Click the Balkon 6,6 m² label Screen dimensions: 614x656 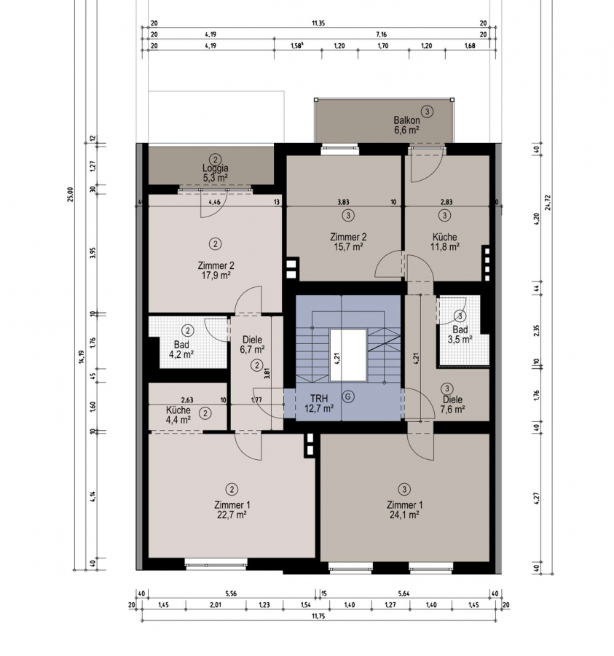pyautogui.click(x=406, y=125)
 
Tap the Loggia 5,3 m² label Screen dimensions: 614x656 pyautogui.click(x=216, y=173)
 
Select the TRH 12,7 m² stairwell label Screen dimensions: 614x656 pyautogui.click(x=319, y=403)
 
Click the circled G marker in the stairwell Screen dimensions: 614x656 pyautogui.click(x=347, y=397)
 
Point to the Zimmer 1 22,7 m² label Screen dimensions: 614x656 pyautogui.click(x=232, y=509)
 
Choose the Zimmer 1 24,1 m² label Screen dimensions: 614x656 pyautogui.click(x=404, y=509)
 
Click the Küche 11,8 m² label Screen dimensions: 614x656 pyautogui.click(x=445, y=242)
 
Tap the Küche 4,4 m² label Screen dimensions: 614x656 pyautogui.click(x=178, y=415)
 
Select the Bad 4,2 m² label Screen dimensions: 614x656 pyautogui.click(x=181, y=349)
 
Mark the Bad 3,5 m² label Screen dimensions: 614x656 pyautogui.click(x=460, y=335)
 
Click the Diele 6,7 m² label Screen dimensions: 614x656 pyautogui.click(x=252, y=344)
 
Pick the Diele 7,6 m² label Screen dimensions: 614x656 pyautogui.click(x=452, y=404)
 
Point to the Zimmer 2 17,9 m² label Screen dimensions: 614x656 pyautogui.click(x=216, y=270)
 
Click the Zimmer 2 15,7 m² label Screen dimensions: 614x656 pyautogui.click(x=347, y=242)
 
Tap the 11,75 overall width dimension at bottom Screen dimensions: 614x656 pyautogui.click(x=318, y=616)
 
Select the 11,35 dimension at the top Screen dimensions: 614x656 pyautogui.click(x=318, y=23)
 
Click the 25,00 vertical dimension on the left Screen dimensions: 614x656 pyautogui.click(x=70, y=194)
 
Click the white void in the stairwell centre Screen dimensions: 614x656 pyautogui.click(x=347, y=355)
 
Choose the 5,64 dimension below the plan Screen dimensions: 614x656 pyautogui.click(x=404, y=593)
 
